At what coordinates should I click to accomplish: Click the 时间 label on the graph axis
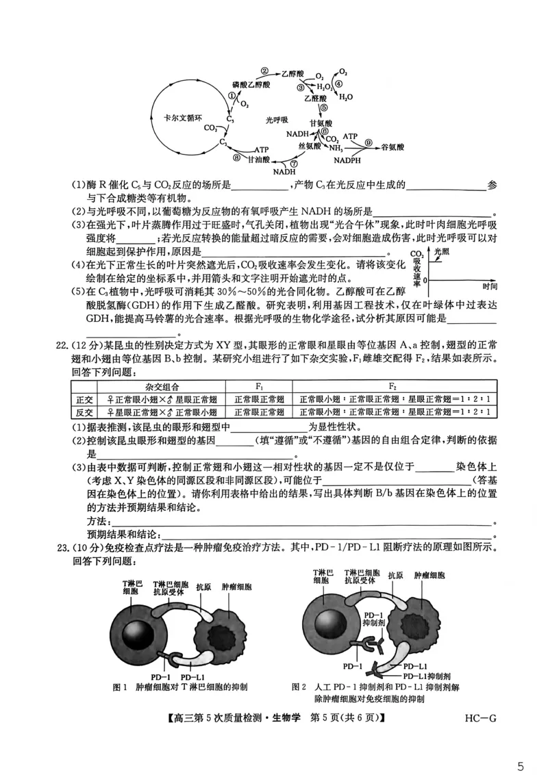(x=489, y=285)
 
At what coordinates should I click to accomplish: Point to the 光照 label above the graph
(x=443, y=252)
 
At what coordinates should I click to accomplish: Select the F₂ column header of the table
(x=393, y=386)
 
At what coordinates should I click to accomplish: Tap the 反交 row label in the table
(x=84, y=411)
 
